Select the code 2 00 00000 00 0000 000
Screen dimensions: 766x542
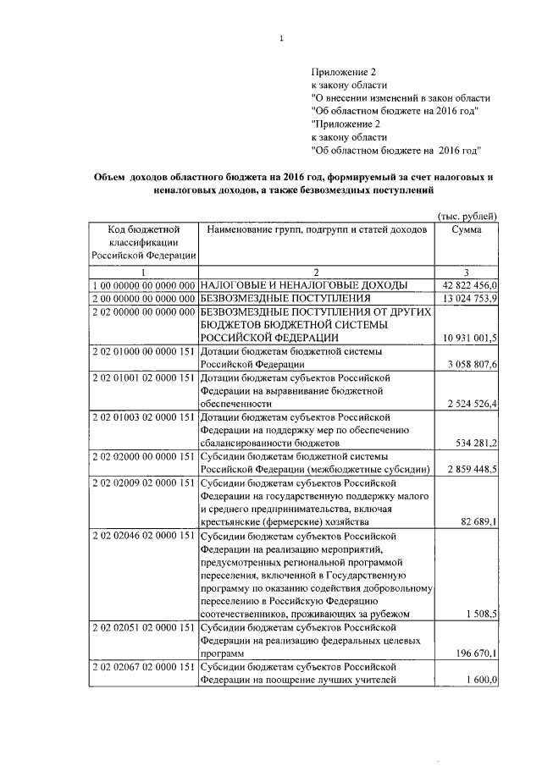pyautogui.click(x=143, y=298)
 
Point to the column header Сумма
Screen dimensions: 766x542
pyautogui.click(x=467, y=229)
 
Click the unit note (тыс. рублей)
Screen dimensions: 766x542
pyautogui.click(x=465, y=216)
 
